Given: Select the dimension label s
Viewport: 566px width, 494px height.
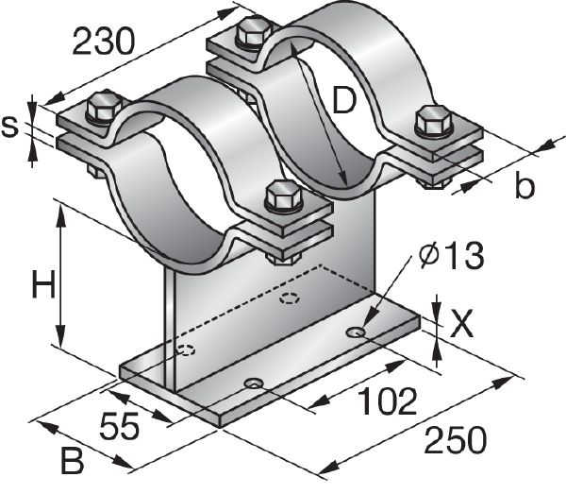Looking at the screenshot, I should click(11, 127).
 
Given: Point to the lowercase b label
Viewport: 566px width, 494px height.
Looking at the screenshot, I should click(524, 186).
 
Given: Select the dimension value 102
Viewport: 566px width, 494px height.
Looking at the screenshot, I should click(386, 401).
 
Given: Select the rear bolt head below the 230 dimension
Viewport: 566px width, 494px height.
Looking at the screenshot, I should click(253, 31).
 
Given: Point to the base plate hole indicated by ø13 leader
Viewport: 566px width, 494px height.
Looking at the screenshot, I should click(357, 332).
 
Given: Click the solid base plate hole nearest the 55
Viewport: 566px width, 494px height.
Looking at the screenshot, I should click(253, 383).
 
